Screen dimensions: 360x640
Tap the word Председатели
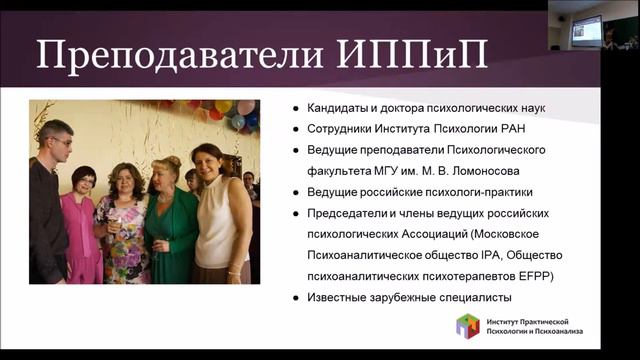tap(348, 213)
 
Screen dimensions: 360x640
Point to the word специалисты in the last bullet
tap(474, 297)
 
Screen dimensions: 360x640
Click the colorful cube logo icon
tap(468, 326)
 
